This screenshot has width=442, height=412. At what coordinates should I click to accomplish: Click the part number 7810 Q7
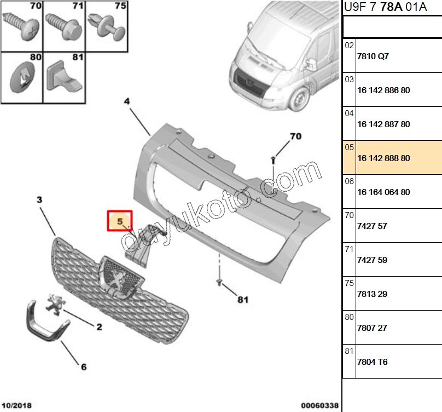[373, 56]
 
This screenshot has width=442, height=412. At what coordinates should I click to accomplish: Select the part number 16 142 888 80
[383, 158]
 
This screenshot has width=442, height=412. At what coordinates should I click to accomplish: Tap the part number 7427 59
[372, 260]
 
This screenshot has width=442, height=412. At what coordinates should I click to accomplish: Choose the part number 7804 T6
[372, 362]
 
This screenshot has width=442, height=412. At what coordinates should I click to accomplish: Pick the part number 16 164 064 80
[383, 192]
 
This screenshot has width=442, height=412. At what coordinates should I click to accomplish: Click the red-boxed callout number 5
[119, 221]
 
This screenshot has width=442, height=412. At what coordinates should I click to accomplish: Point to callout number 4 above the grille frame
[126, 101]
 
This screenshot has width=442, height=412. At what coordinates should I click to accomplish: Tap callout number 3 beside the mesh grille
[39, 201]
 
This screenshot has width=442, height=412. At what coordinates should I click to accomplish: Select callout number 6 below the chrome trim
[84, 367]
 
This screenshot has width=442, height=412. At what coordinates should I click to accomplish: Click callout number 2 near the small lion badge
[99, 328]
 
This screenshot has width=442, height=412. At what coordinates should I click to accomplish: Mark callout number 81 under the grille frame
[242, 300]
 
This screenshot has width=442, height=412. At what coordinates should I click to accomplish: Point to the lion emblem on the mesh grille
[118, 278]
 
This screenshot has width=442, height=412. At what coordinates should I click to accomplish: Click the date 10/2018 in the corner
[16, 405]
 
